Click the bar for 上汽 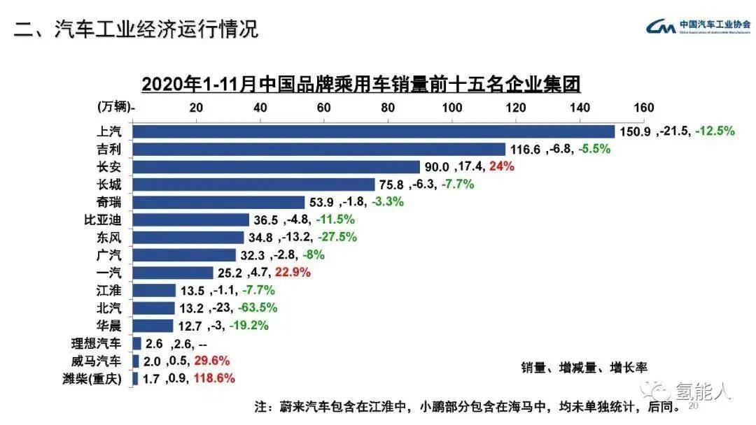(x=373, y=131)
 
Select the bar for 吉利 (x=318, y=149)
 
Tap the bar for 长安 (x=276, y=166)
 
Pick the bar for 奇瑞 (x=218, y=202)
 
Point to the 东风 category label (x=109, y=237)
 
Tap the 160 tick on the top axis (x=643, y=108)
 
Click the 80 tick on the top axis (x=388, y=108)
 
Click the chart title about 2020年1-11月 (x=361, y=85)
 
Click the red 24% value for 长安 (x=503, y=166)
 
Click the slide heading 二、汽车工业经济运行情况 (x=136, y=29)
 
